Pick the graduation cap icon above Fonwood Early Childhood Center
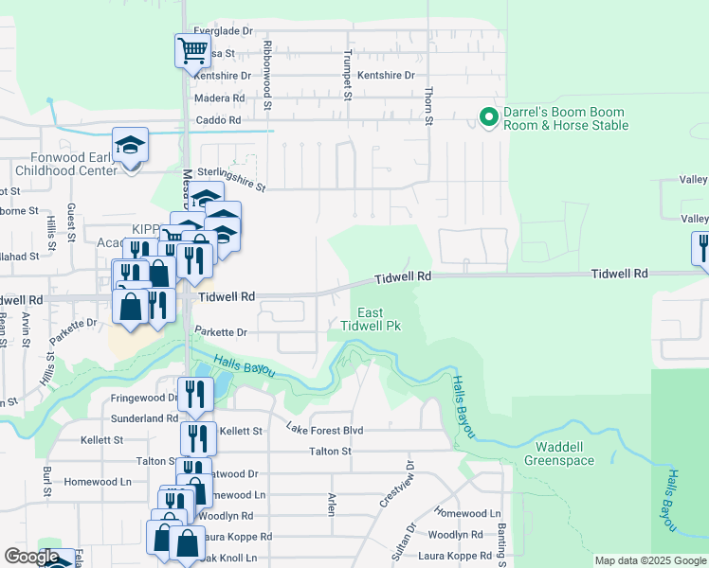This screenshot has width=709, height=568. point(130,145)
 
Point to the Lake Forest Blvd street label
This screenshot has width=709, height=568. point(324,429)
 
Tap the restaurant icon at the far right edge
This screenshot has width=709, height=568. point(701,247)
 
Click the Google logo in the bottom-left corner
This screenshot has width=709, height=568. point(30,557)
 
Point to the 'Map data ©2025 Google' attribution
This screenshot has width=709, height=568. point(649,560)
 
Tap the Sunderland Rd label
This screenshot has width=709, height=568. point(145,417)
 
